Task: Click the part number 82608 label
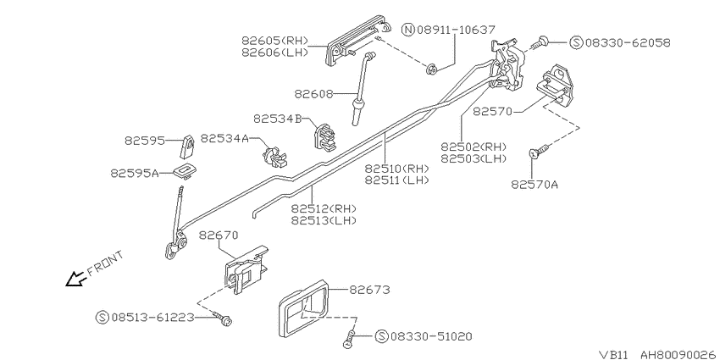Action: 313,94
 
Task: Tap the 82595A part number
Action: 134,173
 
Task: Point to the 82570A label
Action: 534,184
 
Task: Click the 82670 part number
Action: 219,235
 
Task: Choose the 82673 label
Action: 369,290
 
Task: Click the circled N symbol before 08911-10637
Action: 408,30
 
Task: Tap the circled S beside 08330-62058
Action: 576,42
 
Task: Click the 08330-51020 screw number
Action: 431,336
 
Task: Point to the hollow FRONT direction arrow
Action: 75,280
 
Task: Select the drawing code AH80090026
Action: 678,354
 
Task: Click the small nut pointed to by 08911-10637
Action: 432,69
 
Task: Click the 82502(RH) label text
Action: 474,147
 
